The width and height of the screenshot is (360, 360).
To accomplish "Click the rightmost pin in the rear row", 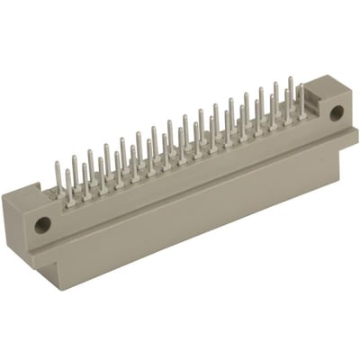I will (x=291, y=90).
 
